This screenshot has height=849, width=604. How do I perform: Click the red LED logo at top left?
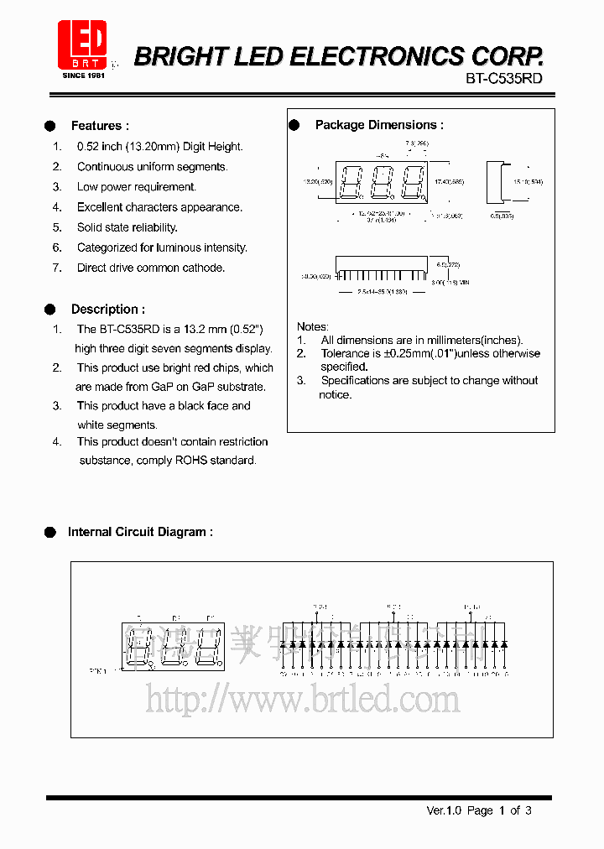[82, 44]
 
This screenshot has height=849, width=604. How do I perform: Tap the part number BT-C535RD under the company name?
[503, 78]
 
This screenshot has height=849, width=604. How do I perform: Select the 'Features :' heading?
[100, 126]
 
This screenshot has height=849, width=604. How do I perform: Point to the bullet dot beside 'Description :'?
[49, 309]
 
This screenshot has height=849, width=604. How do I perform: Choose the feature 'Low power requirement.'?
[136, 187]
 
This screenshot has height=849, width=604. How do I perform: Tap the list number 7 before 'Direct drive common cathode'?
[57, 268]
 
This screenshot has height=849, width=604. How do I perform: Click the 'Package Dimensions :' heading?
[378, 125]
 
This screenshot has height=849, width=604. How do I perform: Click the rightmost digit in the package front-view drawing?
[412, 182]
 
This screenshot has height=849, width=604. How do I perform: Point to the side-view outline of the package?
[500, 182]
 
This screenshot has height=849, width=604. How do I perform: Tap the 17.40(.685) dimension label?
[449, 181]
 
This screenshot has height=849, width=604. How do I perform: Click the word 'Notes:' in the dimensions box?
[313, 326]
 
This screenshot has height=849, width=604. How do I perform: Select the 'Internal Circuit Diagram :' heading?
[139, 532]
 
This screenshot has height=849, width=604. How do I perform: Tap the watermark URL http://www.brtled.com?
[302, 698]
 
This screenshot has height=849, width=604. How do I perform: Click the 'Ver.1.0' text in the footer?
[444, 810]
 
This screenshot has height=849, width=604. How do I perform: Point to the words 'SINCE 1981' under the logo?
[84, 76]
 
